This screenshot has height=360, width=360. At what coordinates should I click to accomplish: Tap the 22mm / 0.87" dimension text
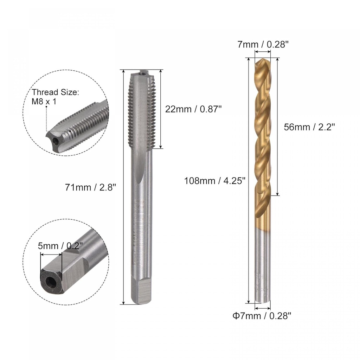click(193, 109)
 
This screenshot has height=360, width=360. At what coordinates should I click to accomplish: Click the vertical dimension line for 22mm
click(161, 109)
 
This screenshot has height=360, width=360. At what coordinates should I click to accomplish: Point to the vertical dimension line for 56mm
click(278, 127)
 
